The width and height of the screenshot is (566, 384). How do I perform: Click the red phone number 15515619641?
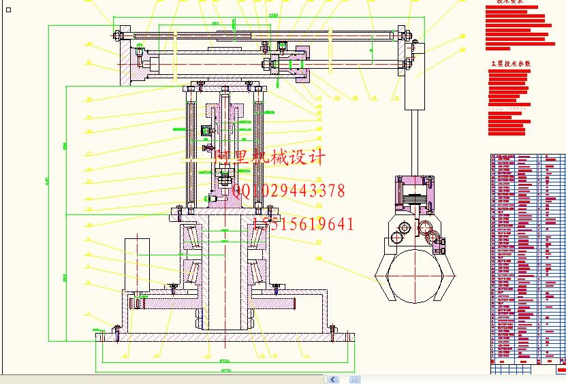[x=304, y=224]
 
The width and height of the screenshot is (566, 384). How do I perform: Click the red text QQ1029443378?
[x=289, y=191]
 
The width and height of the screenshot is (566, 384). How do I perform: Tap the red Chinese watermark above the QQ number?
[x=270, y=158]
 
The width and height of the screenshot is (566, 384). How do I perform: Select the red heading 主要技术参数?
[x=510, y=63]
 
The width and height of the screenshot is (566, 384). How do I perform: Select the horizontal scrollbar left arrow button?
[x=332, y=379]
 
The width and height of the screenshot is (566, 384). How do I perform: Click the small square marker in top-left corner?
[x=8, y=10]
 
